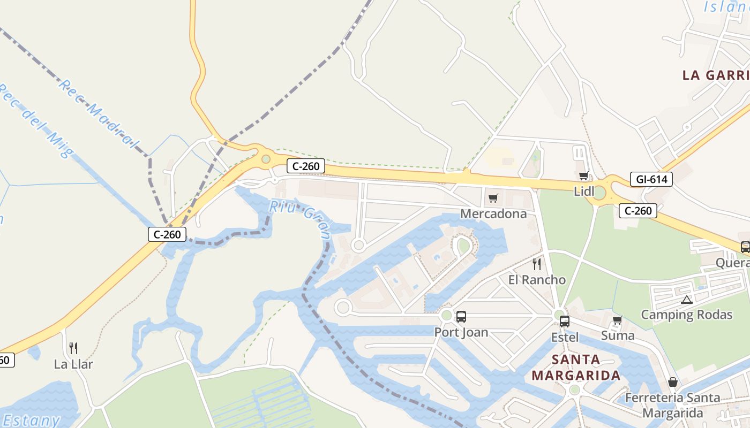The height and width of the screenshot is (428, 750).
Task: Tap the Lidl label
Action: point(584,191)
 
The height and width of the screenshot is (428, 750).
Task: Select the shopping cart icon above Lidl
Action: point(584,175)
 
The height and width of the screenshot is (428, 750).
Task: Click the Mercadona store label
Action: point(493,214)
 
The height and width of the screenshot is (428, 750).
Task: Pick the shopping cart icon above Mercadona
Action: point(493,198)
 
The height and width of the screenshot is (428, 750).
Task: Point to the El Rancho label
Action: point(537,280)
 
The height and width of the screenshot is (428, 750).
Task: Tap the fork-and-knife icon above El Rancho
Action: point(537,264)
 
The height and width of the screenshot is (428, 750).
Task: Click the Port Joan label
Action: point(461,332)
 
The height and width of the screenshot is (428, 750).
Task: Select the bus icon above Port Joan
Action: point(461,316)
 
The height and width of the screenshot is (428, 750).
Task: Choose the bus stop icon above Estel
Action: point(565,322)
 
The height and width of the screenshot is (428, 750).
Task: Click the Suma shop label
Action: point(618,335)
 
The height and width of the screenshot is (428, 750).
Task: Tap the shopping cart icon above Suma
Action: point(618,320)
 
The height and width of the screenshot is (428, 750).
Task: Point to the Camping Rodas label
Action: point(686,315)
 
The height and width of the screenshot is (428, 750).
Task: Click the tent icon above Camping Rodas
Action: point(687,300)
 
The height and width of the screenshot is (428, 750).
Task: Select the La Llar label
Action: point(73,364)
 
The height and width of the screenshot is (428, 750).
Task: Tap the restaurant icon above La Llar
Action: point(73,348)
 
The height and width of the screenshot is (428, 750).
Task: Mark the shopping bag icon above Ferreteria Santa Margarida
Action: point(673,382)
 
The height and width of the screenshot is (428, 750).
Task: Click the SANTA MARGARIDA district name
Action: point(576,367)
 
